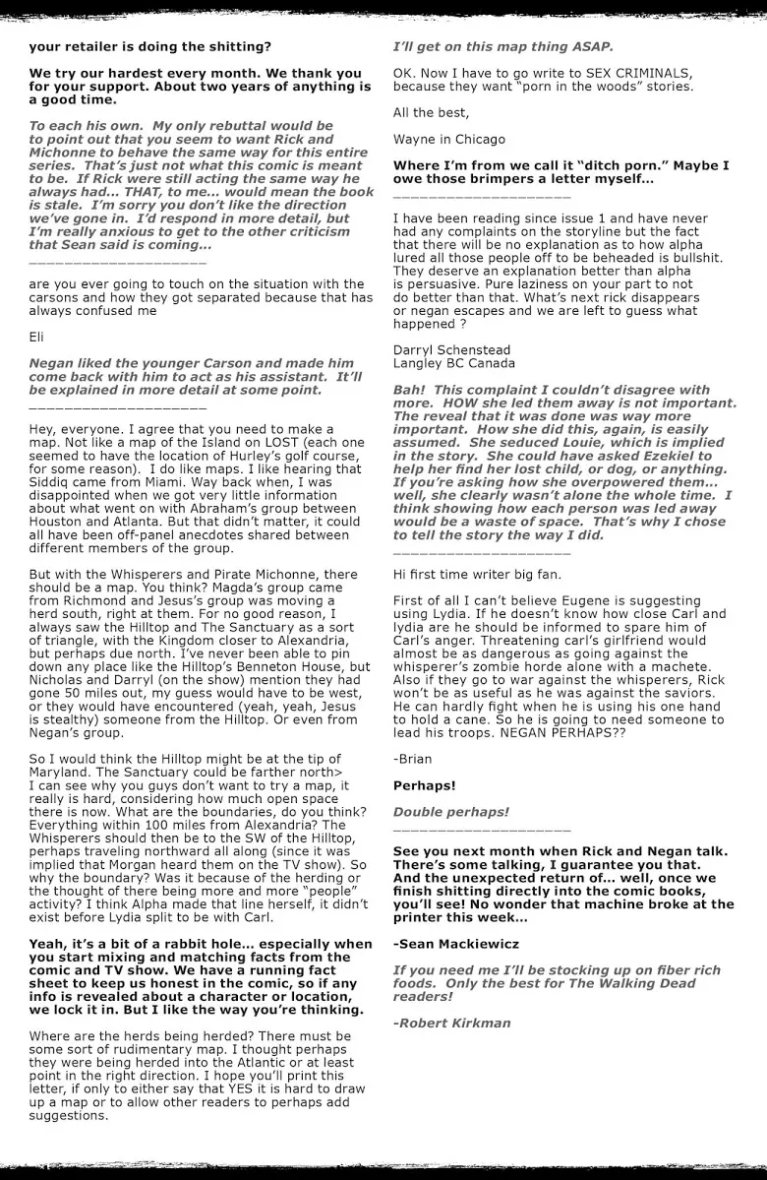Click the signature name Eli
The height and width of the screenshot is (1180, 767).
[x=36, y=337]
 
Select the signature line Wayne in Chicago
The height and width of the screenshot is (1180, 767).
[x=448, y=139]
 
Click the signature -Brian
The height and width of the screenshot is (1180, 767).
[x=413, y=760]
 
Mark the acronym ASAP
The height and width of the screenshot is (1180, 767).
[x=588, y=46]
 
